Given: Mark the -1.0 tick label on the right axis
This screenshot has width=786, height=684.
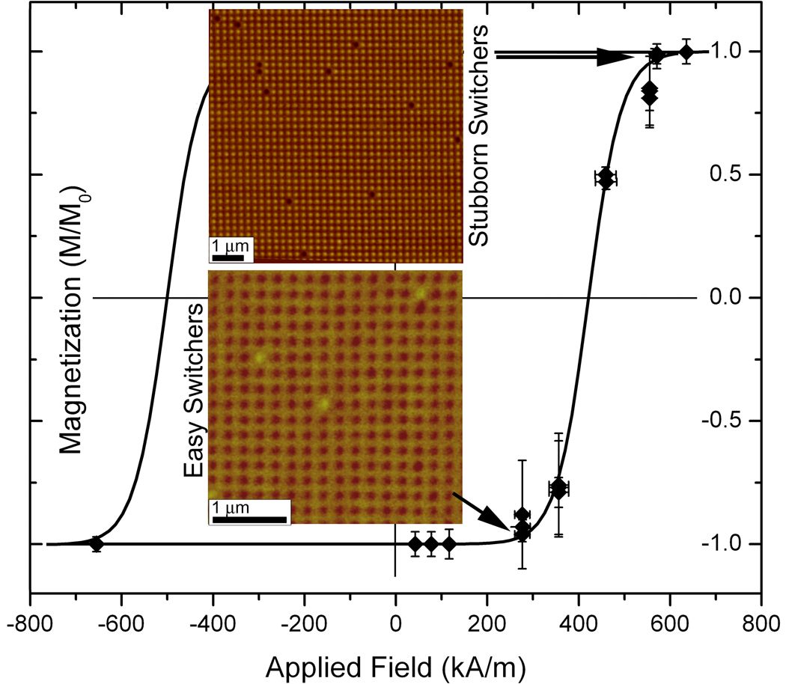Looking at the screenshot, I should point(725,543).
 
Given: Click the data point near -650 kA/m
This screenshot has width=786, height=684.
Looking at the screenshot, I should point(96,544).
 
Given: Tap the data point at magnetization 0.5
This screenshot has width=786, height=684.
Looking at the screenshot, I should point(606,178).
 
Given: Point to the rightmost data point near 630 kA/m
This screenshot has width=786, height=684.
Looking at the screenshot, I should point(686,52).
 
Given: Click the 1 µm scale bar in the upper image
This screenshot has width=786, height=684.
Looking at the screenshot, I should point(227,258).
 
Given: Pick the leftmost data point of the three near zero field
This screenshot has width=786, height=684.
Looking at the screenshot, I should point(415,544).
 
